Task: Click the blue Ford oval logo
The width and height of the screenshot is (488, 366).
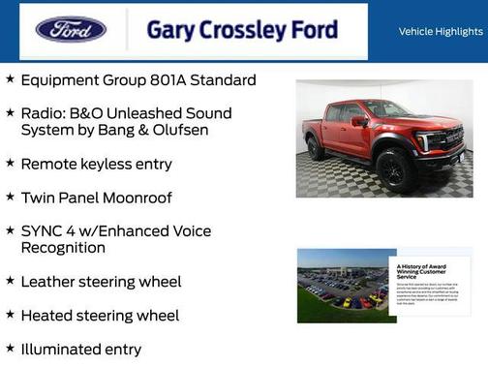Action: click(x=71, y=29)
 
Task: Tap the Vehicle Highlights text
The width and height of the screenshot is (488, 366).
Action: click(x=441, y=31)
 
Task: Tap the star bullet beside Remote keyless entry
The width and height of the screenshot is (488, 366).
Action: click(x=10, y=164)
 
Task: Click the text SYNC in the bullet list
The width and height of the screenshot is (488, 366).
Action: click(x=42, y=231)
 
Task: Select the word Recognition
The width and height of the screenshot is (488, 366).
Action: click(x=63, y=248)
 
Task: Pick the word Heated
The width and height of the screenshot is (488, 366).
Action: click(x=46, y=316)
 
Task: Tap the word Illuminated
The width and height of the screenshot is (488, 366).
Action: click(x=64, y=350)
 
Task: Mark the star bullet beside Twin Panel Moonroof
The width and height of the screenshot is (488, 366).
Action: click(x=10, y=198)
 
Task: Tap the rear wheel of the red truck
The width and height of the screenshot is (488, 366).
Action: click(x=316, y=148)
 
